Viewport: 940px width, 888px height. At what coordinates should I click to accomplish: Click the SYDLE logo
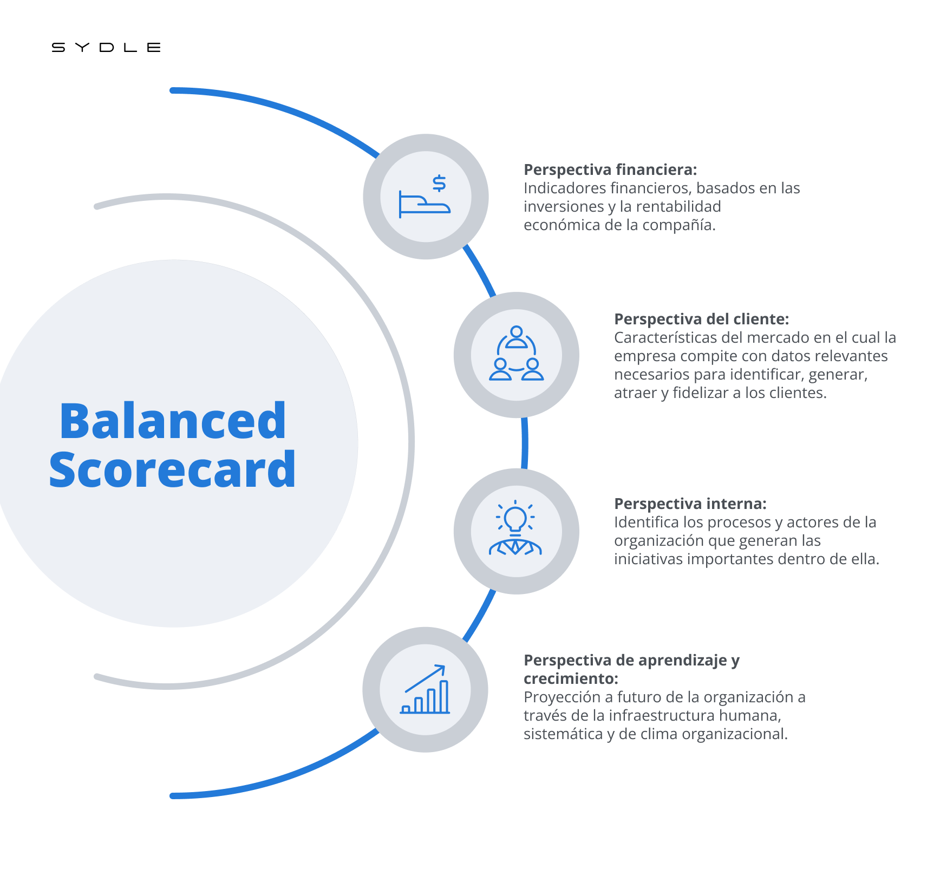click(106, 48)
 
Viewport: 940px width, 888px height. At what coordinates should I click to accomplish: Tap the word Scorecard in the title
click(173, 469)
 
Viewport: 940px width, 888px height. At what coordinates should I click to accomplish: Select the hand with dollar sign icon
click(425, 197)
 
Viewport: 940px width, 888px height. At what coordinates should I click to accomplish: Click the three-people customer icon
click(517, 354)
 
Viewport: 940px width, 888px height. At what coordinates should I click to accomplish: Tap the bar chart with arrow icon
click(425, 689)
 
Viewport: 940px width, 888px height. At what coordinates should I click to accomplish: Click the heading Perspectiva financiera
click(610, 169)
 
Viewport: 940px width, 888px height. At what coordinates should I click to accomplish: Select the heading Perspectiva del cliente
click(701, 319)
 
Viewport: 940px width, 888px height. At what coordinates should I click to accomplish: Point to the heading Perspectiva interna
click(690, 504)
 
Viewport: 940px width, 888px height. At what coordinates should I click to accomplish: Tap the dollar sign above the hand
click(440, 184)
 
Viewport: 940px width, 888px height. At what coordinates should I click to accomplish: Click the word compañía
click(679, 225)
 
